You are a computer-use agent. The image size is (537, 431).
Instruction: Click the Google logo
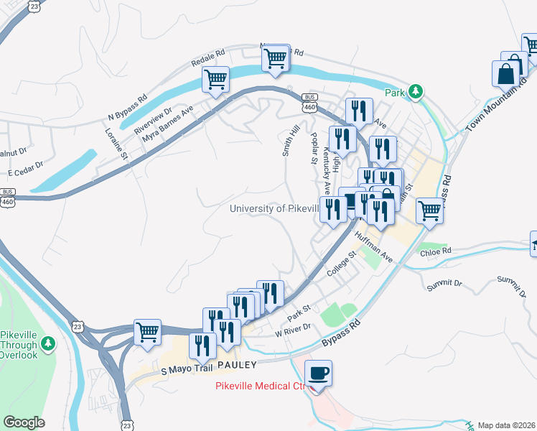pyautogui.click(x=24, y=422)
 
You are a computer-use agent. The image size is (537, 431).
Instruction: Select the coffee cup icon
pyautogui.click(x=317, y=374)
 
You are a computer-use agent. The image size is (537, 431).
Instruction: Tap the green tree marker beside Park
pyautogui.click(x=415, y=92)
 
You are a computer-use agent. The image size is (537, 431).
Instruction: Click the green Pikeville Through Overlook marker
pyautogui.click(x=47, y=345)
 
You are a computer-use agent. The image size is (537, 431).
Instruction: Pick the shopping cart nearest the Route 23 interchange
pyautogui.click(x=147, y=333)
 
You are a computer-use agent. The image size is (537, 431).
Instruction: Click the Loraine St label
pyautogui.click(x=117, y=144)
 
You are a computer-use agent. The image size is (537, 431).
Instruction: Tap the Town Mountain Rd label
pyautogui.click(x=493, y=108)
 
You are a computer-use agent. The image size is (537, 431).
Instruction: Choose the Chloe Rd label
pyautogui.click(x=436, y=251)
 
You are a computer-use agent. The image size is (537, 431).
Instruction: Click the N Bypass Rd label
pyautogui.click(x=127, y=106)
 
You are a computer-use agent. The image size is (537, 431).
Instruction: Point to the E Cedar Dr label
pyautogui.click(x=26, y=173)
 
